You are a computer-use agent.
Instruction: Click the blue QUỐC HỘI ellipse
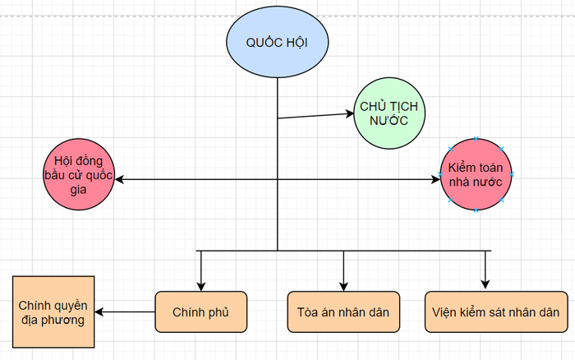tap(278, 42)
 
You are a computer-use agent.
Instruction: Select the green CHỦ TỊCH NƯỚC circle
tap(389, 113)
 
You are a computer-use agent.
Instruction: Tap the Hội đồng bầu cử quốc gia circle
tap(79, 174)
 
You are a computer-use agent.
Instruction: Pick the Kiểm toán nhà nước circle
tap(476, 175)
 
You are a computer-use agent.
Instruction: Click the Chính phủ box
tap(201, 312)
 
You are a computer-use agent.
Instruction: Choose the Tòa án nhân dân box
tap(343, 312)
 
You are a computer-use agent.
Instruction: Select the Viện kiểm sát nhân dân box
tap(496, 312)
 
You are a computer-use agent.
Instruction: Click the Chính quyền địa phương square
tap(53, 312)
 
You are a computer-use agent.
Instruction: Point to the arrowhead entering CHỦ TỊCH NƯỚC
tap(350, 113)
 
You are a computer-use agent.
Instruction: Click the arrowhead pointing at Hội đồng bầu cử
tap(120, 179)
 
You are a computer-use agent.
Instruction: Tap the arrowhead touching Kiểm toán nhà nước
tap(435, 179)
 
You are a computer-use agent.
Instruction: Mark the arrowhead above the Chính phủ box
tap(201, 287)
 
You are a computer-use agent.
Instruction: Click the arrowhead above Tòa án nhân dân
tap(343, 287)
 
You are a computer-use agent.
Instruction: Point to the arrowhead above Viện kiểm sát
tap(485, 284)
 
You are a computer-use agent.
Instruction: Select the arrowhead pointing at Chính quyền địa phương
tap(99, 312)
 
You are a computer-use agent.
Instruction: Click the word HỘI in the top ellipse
tap(297, 43)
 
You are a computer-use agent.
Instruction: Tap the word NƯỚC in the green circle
tap(389, 121)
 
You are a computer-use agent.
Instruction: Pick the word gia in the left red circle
tap(78, 190)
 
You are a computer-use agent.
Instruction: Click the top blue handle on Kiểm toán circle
tap(476, 139)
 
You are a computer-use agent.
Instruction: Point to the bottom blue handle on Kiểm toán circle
tap(476, 210)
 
